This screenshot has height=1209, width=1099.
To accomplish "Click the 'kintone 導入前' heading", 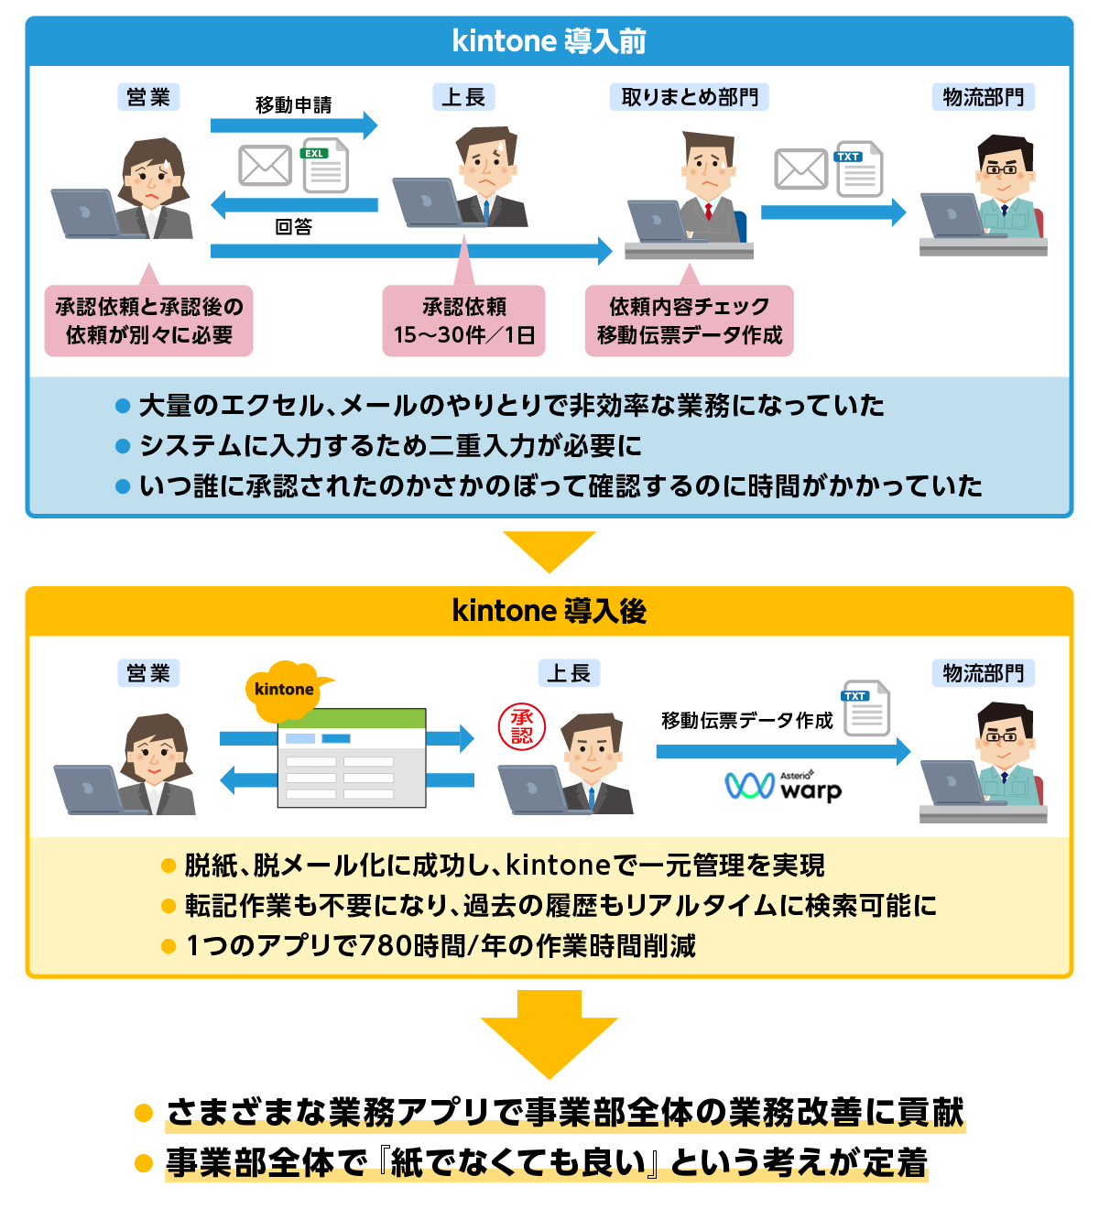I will coord(549,41).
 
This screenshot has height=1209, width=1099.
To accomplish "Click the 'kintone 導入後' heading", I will coord(549,611).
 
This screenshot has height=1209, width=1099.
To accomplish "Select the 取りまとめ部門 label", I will coord(689,97).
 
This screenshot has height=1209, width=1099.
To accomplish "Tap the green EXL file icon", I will coord(325,165).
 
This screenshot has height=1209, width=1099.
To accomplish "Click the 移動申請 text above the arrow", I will coord(293,105).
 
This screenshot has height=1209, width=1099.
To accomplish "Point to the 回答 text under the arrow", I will coord(293,227).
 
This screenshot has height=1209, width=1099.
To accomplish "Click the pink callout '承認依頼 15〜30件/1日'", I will coord(463,321).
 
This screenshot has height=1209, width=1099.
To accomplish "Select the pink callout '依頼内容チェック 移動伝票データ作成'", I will coord(689,321).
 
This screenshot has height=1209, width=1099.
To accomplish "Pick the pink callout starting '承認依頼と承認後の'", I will coord(148,321).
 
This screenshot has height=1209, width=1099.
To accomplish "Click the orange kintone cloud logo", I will coord(285,689).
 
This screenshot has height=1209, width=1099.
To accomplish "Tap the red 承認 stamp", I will coord(522,727).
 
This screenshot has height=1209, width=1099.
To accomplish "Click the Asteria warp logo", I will coord(783,786).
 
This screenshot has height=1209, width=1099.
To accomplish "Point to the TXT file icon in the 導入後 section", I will coord(866,708).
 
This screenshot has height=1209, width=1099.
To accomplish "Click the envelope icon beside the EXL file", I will coord(265,166).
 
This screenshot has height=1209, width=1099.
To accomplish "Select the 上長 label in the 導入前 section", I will coord(463,97).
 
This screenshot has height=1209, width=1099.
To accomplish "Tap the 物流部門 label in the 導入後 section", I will coord(983,673).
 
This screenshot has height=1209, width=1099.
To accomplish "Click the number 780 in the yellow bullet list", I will coord(385,945).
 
